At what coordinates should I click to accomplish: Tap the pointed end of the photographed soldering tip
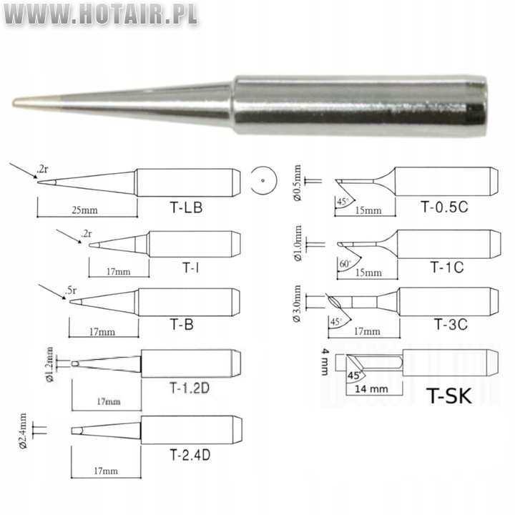click(x=13, y=103)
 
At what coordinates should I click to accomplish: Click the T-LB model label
click(x=186, y=207)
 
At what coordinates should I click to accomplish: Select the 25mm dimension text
click(x=84, y=210)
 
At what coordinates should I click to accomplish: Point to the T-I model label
click(x=190, y=268)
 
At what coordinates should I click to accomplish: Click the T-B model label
click(x=182, y=325)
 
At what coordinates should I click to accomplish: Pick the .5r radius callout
click(x=71, y=290)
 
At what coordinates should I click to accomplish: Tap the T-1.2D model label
click(x=190, y=388)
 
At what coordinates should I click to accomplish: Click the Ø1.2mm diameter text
click(x=49, y=364)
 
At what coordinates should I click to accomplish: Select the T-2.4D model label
click(x=190, y=455)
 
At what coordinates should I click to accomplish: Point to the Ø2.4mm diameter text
click(x=23, y=431)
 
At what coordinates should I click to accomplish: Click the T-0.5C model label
click(x=444, y=207)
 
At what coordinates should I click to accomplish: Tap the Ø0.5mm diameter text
click(x=297, y=182)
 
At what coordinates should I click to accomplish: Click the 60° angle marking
click(x=345, y=264)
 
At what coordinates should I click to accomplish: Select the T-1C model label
click(x=446, y=268)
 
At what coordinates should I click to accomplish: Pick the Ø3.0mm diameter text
click(x=297, y=303)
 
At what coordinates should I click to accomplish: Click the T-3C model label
click(x=451, y=325)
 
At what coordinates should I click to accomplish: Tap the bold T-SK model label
click(x=449, y=396)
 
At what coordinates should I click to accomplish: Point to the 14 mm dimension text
click(x=371, y=389)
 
